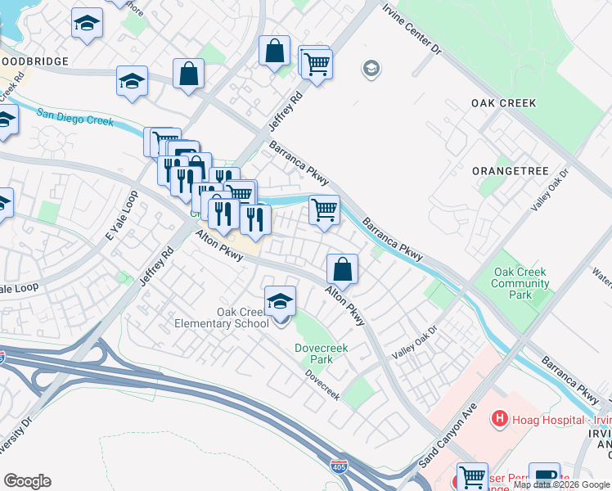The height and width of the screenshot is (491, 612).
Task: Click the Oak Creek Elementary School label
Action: click(221, 318)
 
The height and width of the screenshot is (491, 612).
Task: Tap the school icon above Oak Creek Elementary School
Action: click(280, 300)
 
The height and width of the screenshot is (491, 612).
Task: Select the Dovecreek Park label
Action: click(322, 354)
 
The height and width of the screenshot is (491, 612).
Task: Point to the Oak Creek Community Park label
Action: click(520, 283)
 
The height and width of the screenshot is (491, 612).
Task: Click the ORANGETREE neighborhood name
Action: click(503, 171)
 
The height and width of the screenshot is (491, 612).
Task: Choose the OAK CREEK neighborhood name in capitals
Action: click(503, 103)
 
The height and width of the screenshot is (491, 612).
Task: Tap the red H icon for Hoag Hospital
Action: click(498, 420)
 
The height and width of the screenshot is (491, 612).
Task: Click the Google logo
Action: click(27, 481)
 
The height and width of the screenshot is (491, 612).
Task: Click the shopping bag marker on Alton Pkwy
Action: click(342, 268)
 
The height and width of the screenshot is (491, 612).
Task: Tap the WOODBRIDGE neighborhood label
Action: click(33, 61)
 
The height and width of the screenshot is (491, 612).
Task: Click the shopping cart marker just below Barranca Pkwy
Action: click(324, 210)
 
